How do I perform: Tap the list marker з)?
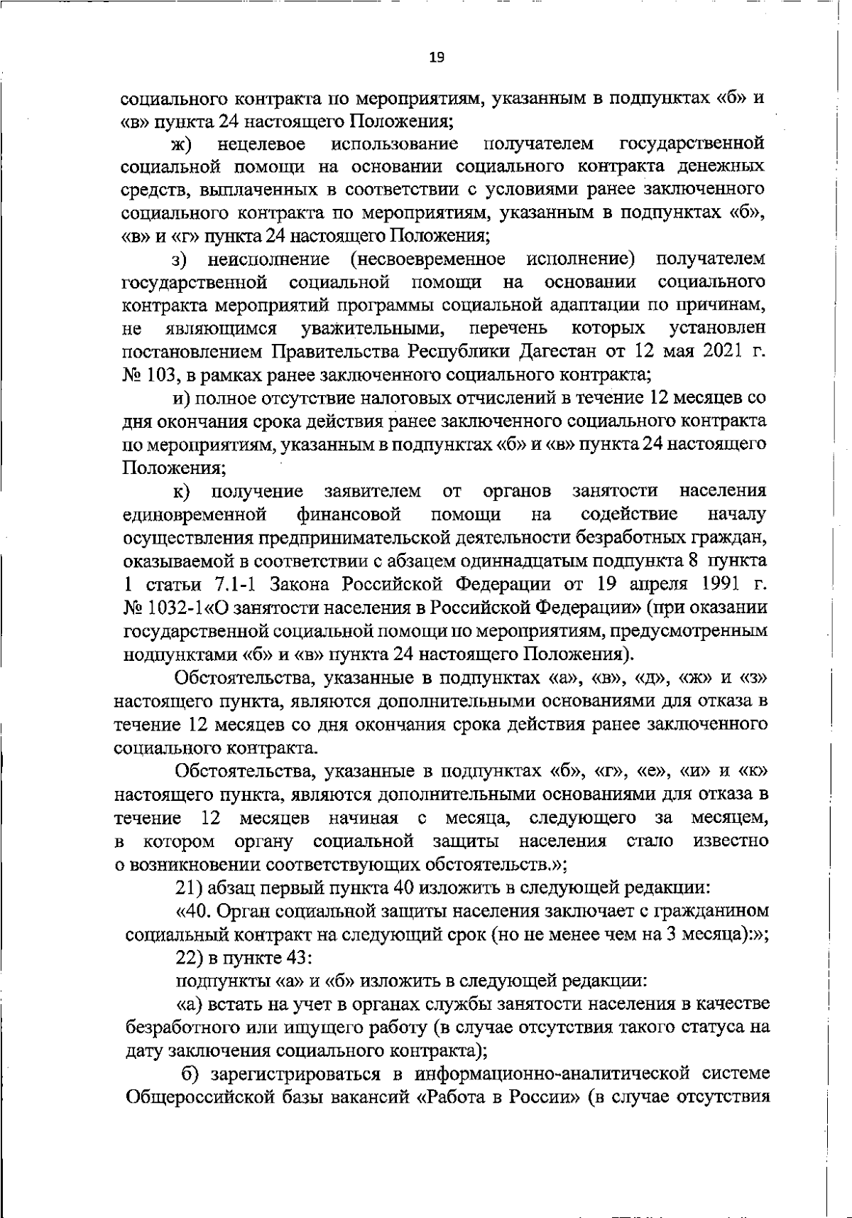181,259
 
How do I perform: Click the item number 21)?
187,888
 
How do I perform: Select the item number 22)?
188,958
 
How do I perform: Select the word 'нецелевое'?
262,144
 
